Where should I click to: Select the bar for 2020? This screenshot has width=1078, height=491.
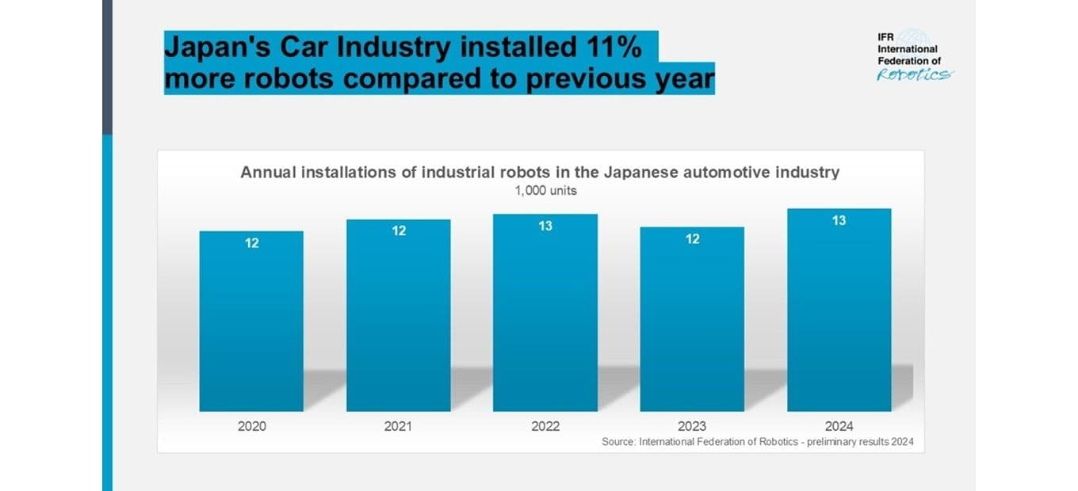251,322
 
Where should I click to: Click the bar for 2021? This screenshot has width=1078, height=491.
399,315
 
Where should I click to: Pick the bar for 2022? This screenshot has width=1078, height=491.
545,313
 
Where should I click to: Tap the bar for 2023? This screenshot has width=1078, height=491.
692,319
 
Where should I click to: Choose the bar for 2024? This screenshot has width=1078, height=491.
839,310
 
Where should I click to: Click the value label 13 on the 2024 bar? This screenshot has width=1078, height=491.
839,220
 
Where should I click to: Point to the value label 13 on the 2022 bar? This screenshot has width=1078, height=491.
545,226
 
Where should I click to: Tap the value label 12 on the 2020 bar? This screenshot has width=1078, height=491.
252,243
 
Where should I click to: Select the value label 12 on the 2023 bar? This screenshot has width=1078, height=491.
693,239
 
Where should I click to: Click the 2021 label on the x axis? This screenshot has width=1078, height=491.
398,426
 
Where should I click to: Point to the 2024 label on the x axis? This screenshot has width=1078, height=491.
839,426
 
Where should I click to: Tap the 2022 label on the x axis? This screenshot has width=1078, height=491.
545,426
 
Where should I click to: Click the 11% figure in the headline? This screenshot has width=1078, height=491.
614,48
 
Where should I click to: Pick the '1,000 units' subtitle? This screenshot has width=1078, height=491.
545,191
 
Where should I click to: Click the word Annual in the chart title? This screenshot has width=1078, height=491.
268,172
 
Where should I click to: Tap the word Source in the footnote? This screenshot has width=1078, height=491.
618,442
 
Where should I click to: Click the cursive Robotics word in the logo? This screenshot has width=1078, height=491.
915,74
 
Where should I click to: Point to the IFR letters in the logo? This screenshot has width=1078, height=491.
885,37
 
